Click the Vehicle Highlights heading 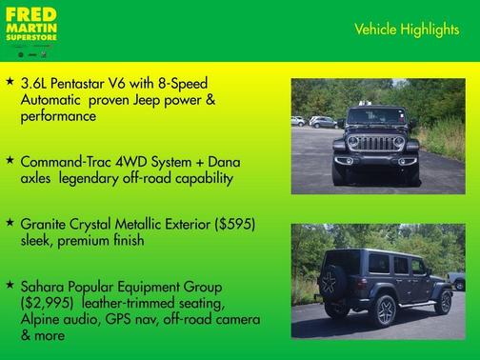click(406, 30)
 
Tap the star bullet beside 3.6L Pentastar click(10, 83)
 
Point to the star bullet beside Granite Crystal click(10, 223)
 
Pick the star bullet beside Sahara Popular click(10, 286)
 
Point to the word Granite click(46, 224)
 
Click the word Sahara click(45, 287)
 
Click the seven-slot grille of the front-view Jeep click(380, 144)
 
